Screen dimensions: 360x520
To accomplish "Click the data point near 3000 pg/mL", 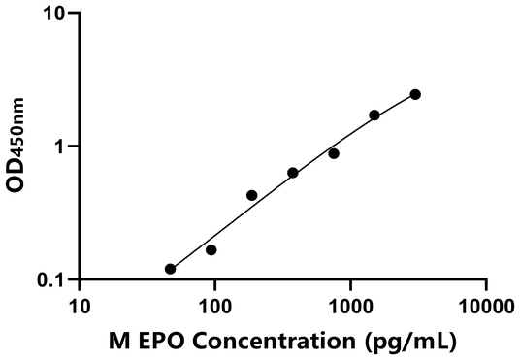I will pyautogui.click(x=415, y=94).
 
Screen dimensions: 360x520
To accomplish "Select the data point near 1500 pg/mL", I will pyautogui.click(x=374, y=115).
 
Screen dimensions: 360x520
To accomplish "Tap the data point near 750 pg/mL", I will pyautogui.click(x=334, y=153).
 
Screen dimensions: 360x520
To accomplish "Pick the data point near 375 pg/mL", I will pyautogui.click(x=293, y=173).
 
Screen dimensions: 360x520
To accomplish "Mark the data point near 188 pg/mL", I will pyautogui.click(x=252, y=195).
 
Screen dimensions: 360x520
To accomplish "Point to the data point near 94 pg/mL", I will pyautogui.click(x=211, y=250).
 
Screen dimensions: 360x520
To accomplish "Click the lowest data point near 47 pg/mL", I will pyautogui.click(x=171, y=269).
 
